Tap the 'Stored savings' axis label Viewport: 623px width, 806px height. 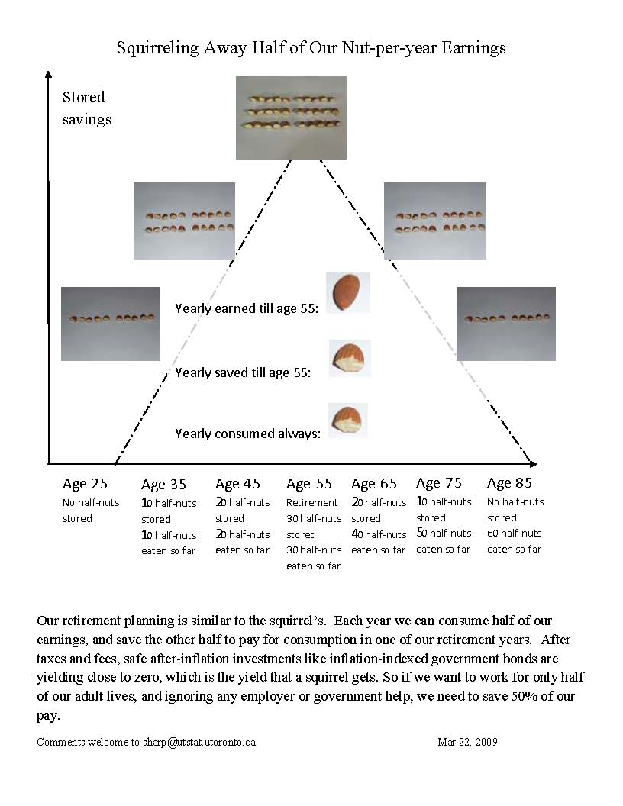(86, 108)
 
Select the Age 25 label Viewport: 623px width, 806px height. (85, 483)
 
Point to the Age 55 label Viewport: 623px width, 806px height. (309, 484)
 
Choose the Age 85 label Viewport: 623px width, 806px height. (509, 483)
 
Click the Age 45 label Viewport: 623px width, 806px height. (237, 484)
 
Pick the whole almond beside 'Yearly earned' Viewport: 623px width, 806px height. (347, 292)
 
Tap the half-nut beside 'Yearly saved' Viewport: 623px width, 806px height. (350, 358)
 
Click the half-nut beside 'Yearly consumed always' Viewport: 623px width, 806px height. (348, 420)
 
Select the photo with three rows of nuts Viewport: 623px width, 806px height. (291, 118)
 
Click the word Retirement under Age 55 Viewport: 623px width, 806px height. (311, 503)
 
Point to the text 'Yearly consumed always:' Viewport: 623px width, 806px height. (247, 434)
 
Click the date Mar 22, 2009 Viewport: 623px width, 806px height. (467, 742)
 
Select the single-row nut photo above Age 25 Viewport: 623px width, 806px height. (111, 324)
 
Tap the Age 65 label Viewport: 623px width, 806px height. (374, 484)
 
